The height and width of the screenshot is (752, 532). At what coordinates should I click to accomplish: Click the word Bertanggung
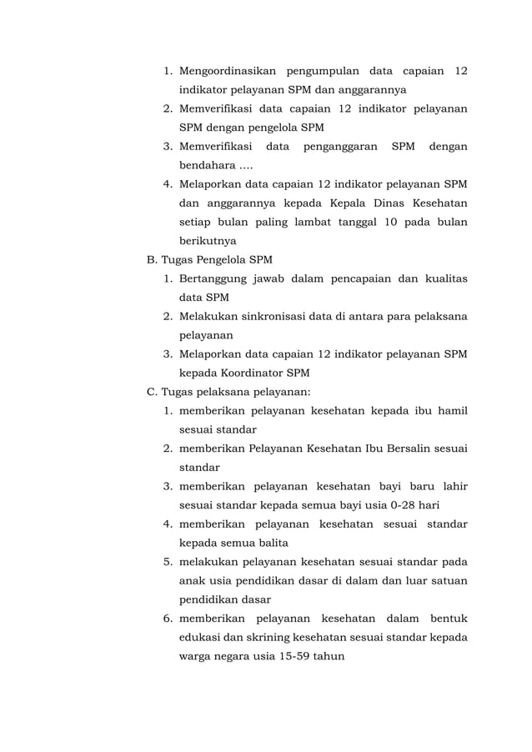point(214,278)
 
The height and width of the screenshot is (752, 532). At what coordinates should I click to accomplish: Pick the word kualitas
point(446,278)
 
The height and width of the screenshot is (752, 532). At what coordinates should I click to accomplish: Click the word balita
point(271,543)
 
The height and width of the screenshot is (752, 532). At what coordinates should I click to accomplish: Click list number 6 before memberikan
point(167,619)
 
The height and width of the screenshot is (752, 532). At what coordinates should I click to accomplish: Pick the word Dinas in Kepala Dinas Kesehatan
point(394,203)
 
